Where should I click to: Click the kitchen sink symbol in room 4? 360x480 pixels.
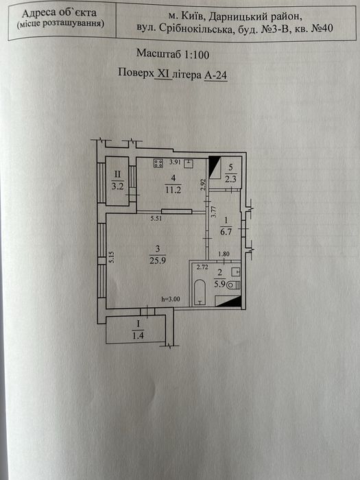(x=189, y=163)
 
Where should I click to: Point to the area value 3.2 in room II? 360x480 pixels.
(x=117, y=185)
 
